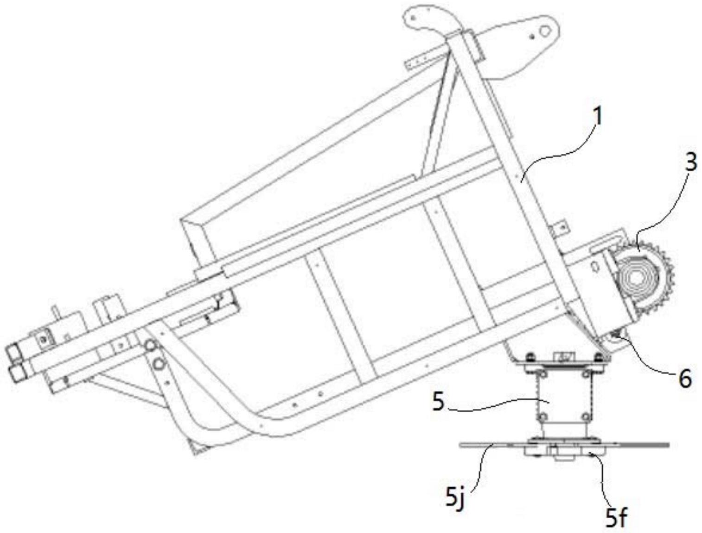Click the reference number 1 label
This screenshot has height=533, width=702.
[x=598, y=117]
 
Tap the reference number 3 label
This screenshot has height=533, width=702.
[x=690, y=163]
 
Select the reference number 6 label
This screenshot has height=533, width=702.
[x=684, y=378]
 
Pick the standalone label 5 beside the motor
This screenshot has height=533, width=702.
[x=438, y=401]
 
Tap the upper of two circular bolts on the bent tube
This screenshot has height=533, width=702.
[x=150, y=345]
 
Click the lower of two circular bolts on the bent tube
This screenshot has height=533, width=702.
[x=159, y=363]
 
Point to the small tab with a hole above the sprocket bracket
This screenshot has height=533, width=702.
[x=562, y=226]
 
